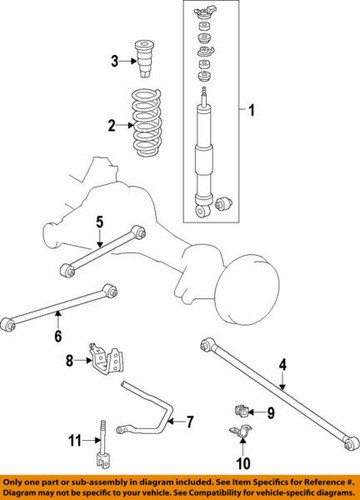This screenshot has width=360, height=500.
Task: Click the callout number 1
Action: [x=252, y=110]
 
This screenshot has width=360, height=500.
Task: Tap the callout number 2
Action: [x=113, y=126]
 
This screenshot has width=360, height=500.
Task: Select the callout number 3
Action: [x=114, y=63]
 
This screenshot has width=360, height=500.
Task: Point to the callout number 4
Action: [x=283, y=365]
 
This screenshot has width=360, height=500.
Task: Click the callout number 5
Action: [x=100, y=222]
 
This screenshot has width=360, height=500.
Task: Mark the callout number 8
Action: [x=70, y=360]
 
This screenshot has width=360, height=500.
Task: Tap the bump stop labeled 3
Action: [x=145, y=63]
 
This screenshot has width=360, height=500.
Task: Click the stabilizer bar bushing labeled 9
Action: [x=242, y=411]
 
